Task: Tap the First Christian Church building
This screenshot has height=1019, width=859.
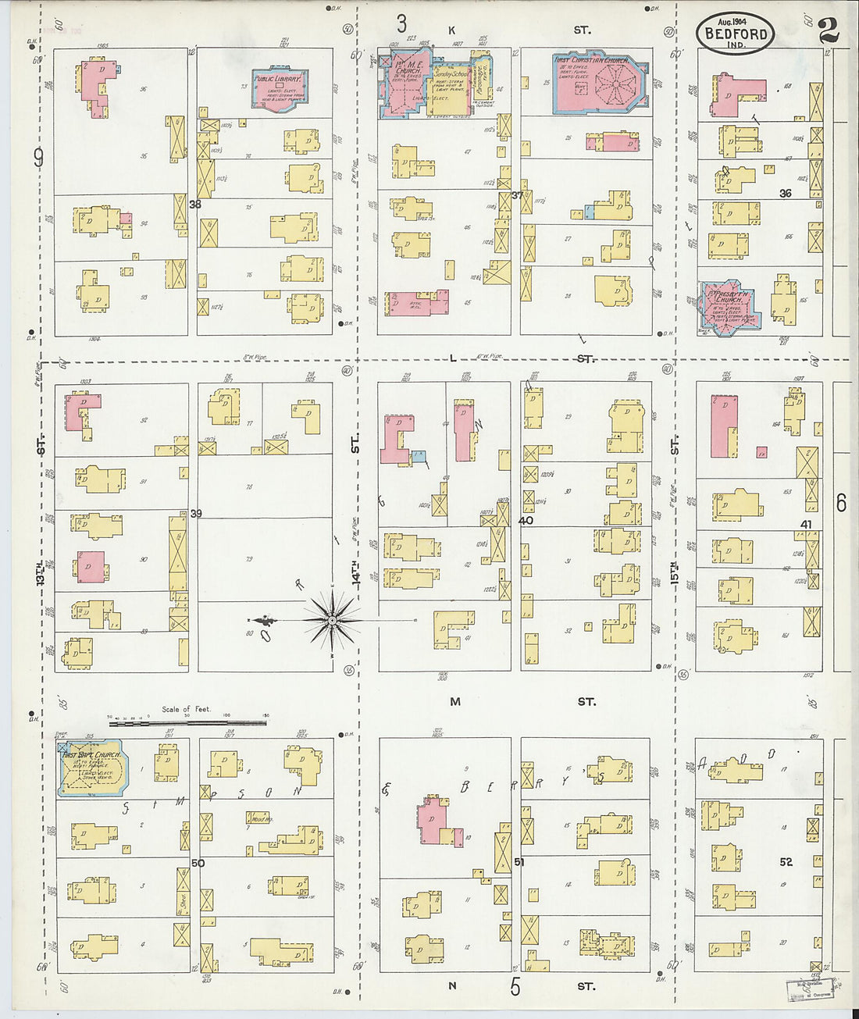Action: (599, 84)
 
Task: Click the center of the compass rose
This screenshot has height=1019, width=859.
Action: (332, 621)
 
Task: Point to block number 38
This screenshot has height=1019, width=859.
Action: (195, 204)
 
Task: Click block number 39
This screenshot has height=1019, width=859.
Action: (196, 513)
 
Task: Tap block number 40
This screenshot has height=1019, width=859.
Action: (526, 520)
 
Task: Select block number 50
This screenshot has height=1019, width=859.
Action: (198, 863)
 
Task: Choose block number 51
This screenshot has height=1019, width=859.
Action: (519, 862)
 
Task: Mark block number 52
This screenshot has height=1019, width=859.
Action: (786, 861)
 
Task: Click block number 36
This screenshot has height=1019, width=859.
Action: (785, 193)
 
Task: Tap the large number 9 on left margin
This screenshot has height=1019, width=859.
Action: (37, 159)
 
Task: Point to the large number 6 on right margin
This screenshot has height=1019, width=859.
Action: (841, 504)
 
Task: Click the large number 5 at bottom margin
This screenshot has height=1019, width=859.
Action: (515, 988)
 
